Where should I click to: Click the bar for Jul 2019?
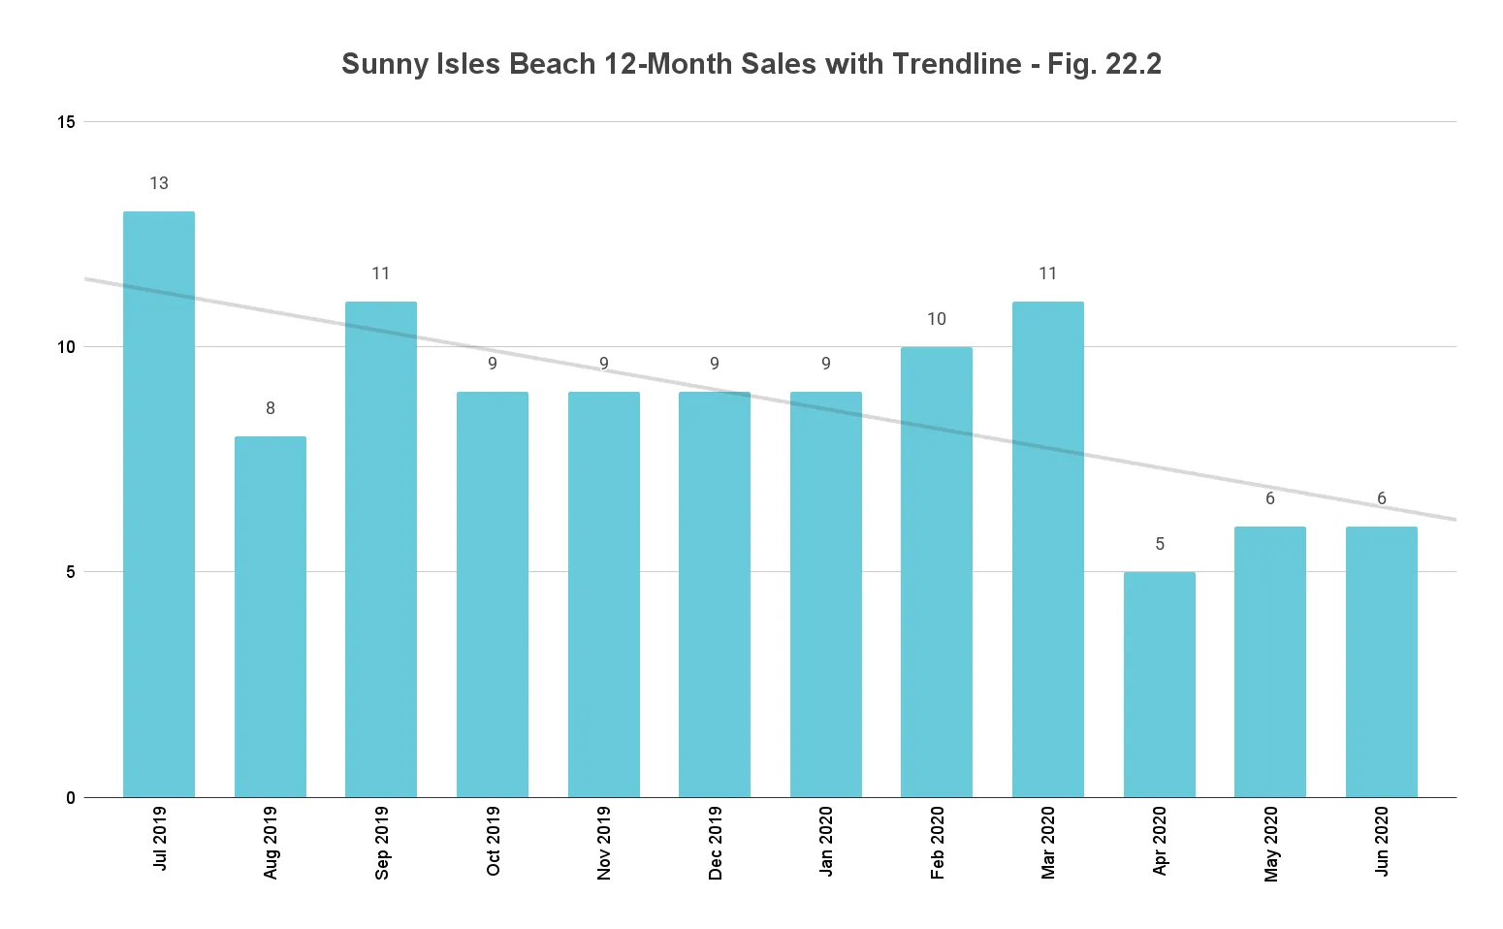tap(159, 504)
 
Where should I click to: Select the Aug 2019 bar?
tap(271, 617)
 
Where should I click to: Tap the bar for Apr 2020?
tap(1159, 685)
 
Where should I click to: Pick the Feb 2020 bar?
tap(937, 572)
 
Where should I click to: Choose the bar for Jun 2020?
tap(1381, 661)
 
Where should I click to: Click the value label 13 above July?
tap(159, 183)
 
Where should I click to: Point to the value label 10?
tap(937, 319)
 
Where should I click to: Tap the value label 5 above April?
tap(1160, 544)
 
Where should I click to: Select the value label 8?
tap(271, 408)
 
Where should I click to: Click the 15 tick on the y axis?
tap(66, 122)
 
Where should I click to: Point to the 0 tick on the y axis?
tap(71, 798)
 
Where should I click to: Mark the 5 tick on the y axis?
tap(71, 572)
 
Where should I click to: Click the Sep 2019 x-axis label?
tap(382, 843)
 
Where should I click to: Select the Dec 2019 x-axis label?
tap(716, 843)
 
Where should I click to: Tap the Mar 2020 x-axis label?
tap(1048, 843)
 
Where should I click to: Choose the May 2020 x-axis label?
tap(1271, 844)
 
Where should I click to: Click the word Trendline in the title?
tap(956, 64)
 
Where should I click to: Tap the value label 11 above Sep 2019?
tap(381, 273)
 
